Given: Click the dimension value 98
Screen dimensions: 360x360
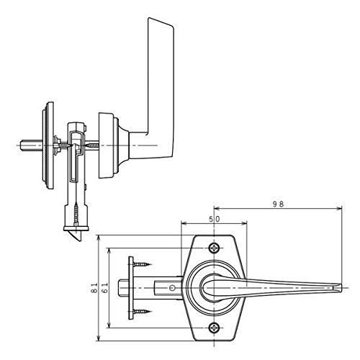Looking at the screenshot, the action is click(279, 204).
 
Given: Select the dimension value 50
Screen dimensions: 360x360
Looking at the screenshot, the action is click(214, 219).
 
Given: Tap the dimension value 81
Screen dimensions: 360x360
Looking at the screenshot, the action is click(95, 288).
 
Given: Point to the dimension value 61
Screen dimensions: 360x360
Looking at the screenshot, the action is click(105, 288).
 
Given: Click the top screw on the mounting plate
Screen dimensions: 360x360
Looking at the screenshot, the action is click(214, 248).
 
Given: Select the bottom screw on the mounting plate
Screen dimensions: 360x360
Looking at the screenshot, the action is click(214, 328).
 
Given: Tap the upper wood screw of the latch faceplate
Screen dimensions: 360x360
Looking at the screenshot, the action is click(143, 264).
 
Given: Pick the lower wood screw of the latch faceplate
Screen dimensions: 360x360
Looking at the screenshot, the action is click(143, 312).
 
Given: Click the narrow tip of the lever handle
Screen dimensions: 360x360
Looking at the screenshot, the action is click(341, 287).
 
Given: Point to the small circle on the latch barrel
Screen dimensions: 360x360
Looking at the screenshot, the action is click(171, 287).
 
